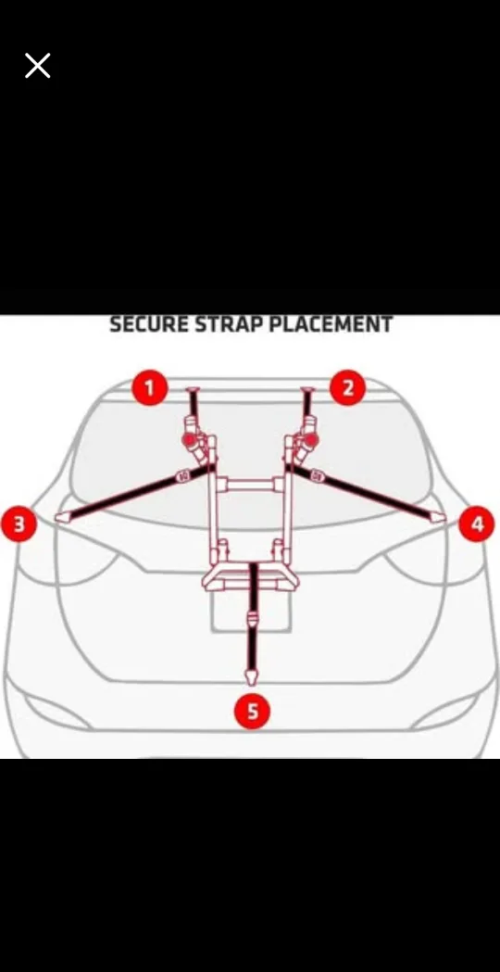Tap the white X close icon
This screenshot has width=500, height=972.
(x=37, y=66)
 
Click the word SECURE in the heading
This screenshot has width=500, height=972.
(x=147, y=325)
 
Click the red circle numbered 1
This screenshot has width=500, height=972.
(x=149, y=387)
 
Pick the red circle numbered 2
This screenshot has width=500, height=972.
(x=347, y=387)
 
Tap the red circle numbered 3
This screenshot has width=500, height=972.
(x=19, y=524)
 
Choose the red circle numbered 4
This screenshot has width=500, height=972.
(x=477, y=524)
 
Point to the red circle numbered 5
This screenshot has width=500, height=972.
(x=252, y=712)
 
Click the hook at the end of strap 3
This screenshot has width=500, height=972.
(x=63, y=516)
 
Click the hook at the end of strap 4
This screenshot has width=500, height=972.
(x=436, y=515)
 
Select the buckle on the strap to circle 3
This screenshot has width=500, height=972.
(x=182, y=475)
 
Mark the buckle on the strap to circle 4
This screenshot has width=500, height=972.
(x=318, y=475)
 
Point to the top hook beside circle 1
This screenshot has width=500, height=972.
(x=194, y=391)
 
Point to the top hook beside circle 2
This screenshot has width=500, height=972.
(x=307, y=391)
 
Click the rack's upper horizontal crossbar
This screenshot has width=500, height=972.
(x=250, y=484)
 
